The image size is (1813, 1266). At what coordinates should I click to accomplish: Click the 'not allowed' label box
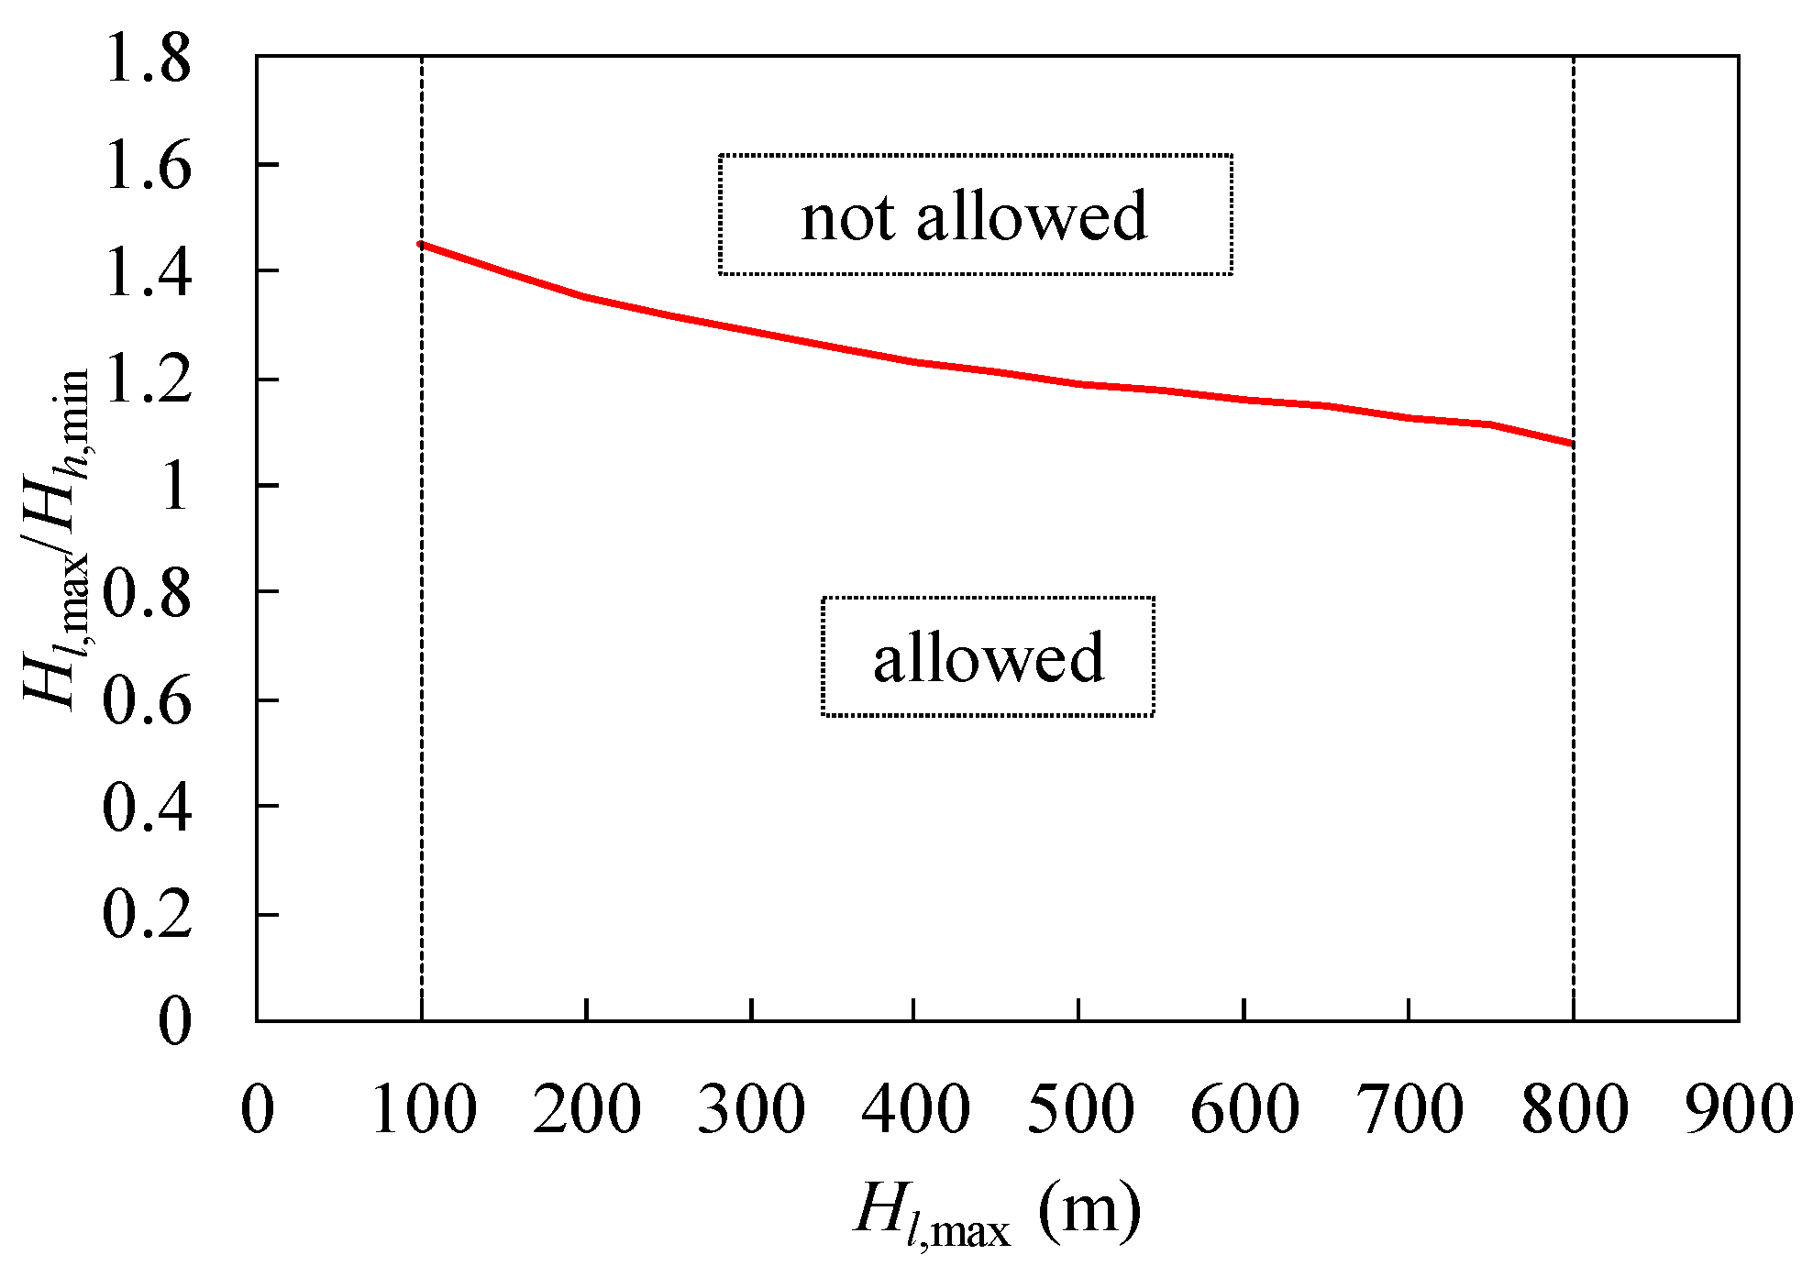pyautogui.click(x=975, y=215)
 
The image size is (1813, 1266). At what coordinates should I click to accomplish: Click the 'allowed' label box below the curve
pyautogui.click(x=988, y=656)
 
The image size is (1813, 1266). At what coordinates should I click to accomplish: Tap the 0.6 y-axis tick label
pyautogui.click(x=147, y=701)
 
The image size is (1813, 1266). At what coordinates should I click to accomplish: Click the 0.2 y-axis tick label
pyautogui.click(x=147, y=915)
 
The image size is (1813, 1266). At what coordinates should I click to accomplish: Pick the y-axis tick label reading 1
pyautogui.click(x=173, y=487)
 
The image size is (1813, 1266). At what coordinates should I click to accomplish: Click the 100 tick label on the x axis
pyautogui.click(x=423, y=1110)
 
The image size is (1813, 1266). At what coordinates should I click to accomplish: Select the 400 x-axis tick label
pyautogui.click(x=915, y=1110)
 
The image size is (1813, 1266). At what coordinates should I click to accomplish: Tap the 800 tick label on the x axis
pyautogui.click(x=1574, y=1110)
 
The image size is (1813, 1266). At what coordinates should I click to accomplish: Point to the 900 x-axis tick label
pyautogui.click(x=1738, y=1110)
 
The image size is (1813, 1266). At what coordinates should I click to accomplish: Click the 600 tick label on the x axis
pyautogui.click(x=1244, y=1110)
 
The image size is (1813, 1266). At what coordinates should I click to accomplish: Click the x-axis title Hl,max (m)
pyautogui.click(x=998, y=1212)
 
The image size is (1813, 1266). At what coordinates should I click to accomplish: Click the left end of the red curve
pyautogui.click(x=421, y=244)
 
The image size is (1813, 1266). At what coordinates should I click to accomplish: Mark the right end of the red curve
pyautogui.click(x=1572, y=443)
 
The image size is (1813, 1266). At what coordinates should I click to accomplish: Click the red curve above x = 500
pyautogui.click(x=1080, y=384)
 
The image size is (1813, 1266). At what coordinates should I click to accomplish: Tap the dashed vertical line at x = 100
pyautogui.click(x=421, y=642)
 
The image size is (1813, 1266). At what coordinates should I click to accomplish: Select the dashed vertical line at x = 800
pyautogui.click(x=1574, y=733)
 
